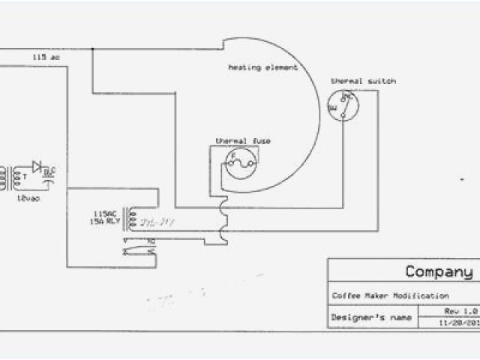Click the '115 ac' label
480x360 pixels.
[x=43, y=57]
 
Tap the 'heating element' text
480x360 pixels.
[x=262, y=67]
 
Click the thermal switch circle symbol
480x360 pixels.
[x=343, y=105]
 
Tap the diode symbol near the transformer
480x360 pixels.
[x=37, y=166]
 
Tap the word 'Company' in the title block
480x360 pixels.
[x=439, y=271]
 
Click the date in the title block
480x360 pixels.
[x=459, y=322]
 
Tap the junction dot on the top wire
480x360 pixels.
[x=92, y=49]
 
